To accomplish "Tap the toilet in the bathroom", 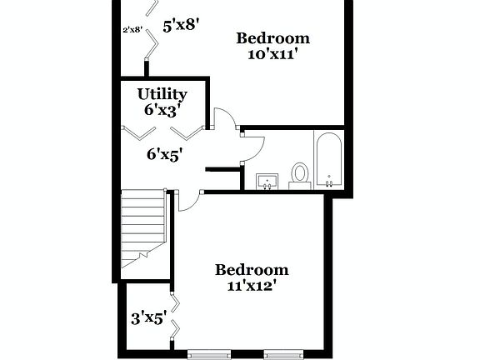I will point(300,173).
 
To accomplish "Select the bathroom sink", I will point(267,180).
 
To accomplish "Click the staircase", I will point(141,229).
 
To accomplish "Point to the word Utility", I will point(162,94).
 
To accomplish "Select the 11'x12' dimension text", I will point(252,286).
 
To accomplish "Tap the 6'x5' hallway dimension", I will point(165,153).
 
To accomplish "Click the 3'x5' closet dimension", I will point(149,317).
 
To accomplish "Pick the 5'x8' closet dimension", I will point(179,26).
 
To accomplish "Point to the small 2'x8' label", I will point(132,29).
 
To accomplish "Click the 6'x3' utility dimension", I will point(162,109).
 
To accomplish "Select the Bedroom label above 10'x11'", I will point(272,38).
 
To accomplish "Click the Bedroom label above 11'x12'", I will point(252,270).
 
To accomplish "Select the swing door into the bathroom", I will point(252,146).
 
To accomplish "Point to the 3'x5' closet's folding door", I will point(173,316).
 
